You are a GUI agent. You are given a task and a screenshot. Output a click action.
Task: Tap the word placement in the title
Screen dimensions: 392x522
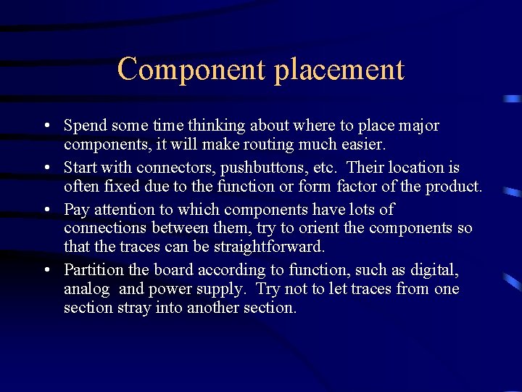(x=339, y=70)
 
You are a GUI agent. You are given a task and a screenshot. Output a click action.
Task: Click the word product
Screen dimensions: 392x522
(x=454, y=186)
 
